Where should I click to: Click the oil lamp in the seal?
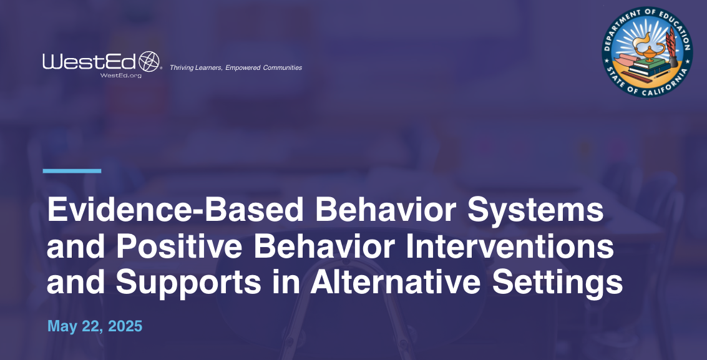(x=649, y=50)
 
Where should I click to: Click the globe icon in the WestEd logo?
(x=149, y=61)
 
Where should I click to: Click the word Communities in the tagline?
(x=282, y=67)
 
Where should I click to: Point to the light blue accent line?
(x=72, y=170)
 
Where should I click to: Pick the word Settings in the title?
(x=558, y=283)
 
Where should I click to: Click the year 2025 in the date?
(x=125, y=326)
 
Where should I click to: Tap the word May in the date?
(x=62, y=326)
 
